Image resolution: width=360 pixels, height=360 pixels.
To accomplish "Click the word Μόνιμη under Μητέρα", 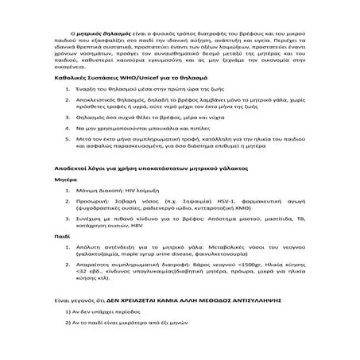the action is pos(91,192).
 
